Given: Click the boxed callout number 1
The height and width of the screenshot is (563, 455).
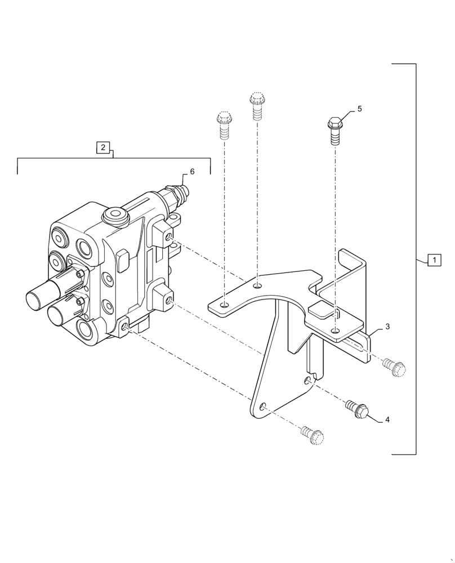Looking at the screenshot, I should point(434,260).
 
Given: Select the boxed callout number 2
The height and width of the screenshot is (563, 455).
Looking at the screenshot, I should point(102,148).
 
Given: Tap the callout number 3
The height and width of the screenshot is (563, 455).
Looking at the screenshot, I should point(387,327).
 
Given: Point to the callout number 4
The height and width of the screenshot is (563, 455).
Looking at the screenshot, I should point(387,420).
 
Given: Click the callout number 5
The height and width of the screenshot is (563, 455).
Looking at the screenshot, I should point(359,109).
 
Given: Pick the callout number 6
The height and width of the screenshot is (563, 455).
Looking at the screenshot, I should point(192,172).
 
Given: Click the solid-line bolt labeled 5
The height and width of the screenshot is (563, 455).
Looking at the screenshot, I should point(334,130).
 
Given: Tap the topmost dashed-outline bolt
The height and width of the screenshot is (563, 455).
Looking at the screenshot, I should point(257,106).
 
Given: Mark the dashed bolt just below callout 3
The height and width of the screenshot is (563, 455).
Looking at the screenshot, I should point(394,366).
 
